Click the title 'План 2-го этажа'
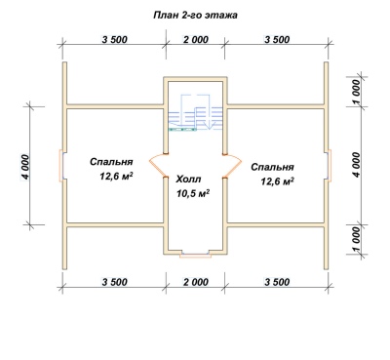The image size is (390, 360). click(195, 16)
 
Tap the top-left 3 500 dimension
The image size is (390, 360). click(114, 40)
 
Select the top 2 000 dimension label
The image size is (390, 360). click(195, 40)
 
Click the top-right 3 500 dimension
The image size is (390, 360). click(277, 40)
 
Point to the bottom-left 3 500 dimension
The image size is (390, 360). click(114, 282)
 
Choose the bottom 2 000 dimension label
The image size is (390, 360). click(195, 282)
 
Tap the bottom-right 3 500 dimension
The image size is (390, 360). click(277, 282)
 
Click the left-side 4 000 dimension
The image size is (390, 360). click(25, 166)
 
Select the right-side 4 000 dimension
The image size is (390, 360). click(356, 165)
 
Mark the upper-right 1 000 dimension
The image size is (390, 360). click(356, 93)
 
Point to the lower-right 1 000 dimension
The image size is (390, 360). click(356, 240)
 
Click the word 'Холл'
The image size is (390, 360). click(188, 180)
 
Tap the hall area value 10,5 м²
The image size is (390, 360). click(193, 193)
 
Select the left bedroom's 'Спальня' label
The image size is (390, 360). click(111, 162)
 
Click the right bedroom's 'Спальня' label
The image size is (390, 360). click(272, 167)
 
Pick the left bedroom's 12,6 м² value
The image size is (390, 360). click(117, 176)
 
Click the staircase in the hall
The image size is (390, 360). click(195, 112)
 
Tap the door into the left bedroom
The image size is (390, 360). click(158, 165)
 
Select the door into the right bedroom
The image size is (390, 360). click(232, 166)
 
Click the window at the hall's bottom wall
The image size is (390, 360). click(195, 255)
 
